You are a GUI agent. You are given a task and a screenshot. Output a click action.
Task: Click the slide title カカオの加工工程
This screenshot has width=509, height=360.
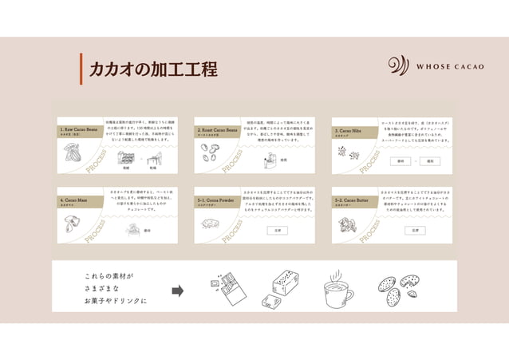tap(152, 69)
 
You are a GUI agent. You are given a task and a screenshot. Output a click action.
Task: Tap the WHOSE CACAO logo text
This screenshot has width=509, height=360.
tap(450, 66)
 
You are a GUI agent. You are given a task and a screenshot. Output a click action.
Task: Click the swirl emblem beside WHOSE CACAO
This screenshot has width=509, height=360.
tap(398, 66)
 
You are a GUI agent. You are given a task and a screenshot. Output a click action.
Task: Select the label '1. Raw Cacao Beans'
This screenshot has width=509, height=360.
tap(80, 129)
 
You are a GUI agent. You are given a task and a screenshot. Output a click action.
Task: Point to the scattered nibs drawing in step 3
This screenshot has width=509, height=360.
tap(349, 156)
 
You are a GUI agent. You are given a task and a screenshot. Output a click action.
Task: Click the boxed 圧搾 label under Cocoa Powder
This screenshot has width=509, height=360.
tap(277, 230)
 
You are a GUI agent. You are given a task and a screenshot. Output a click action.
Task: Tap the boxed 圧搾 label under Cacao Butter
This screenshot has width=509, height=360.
tap(414, 230)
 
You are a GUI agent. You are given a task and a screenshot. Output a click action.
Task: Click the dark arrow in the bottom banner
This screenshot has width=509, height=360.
tap(177, 291)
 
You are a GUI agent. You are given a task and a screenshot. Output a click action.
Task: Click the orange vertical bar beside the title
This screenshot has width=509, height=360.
tap(81, 69)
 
